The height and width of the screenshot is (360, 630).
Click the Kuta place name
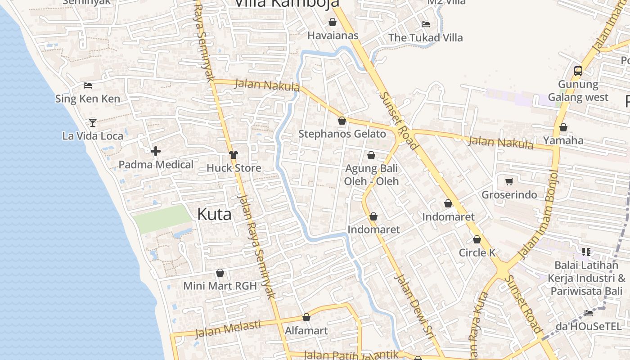tap(214, 214)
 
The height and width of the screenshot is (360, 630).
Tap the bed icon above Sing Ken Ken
tap(88, 85)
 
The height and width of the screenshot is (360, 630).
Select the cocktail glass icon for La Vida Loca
tap(92, 122)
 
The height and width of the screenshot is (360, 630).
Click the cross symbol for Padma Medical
tap(156, 151)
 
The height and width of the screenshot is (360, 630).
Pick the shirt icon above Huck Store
tap(233, 155)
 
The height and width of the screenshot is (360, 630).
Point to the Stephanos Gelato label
tap(342, 134)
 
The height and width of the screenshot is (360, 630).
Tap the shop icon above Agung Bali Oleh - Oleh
tap(371, 156)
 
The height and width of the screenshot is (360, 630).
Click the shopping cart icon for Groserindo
tap(509, 181)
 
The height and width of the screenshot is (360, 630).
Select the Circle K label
tap(477, 253)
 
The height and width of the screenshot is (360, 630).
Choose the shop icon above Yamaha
tap(563, 128)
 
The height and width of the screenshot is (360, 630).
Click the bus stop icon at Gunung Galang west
tap(578, 71)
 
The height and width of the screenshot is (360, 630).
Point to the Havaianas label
tap(333, 36)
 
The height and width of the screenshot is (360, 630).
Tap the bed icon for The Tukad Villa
tap(425, 24)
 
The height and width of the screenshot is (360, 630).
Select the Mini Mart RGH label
tap(220, 286)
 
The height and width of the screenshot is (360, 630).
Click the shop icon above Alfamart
tap(306, 318)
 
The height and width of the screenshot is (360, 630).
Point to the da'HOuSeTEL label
tap(589, 326)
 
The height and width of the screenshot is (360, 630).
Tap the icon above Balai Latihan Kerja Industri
tap(586, 252)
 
